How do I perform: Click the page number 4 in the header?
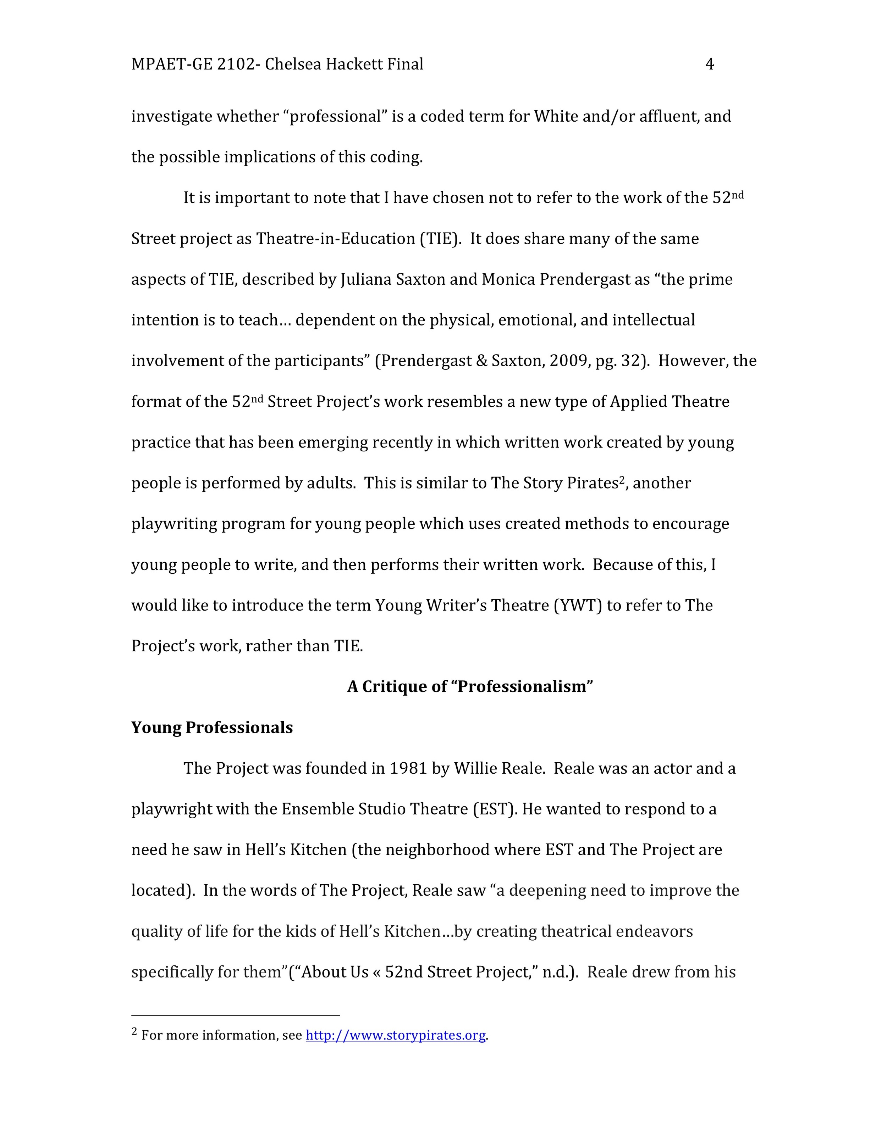coord(709,64)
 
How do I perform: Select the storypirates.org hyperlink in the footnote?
coord(395,1035)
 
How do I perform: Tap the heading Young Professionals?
coord(212,727)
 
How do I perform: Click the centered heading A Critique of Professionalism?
coord(470,686)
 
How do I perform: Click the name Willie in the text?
coord(475,768)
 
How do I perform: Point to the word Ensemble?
coord(318,809)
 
